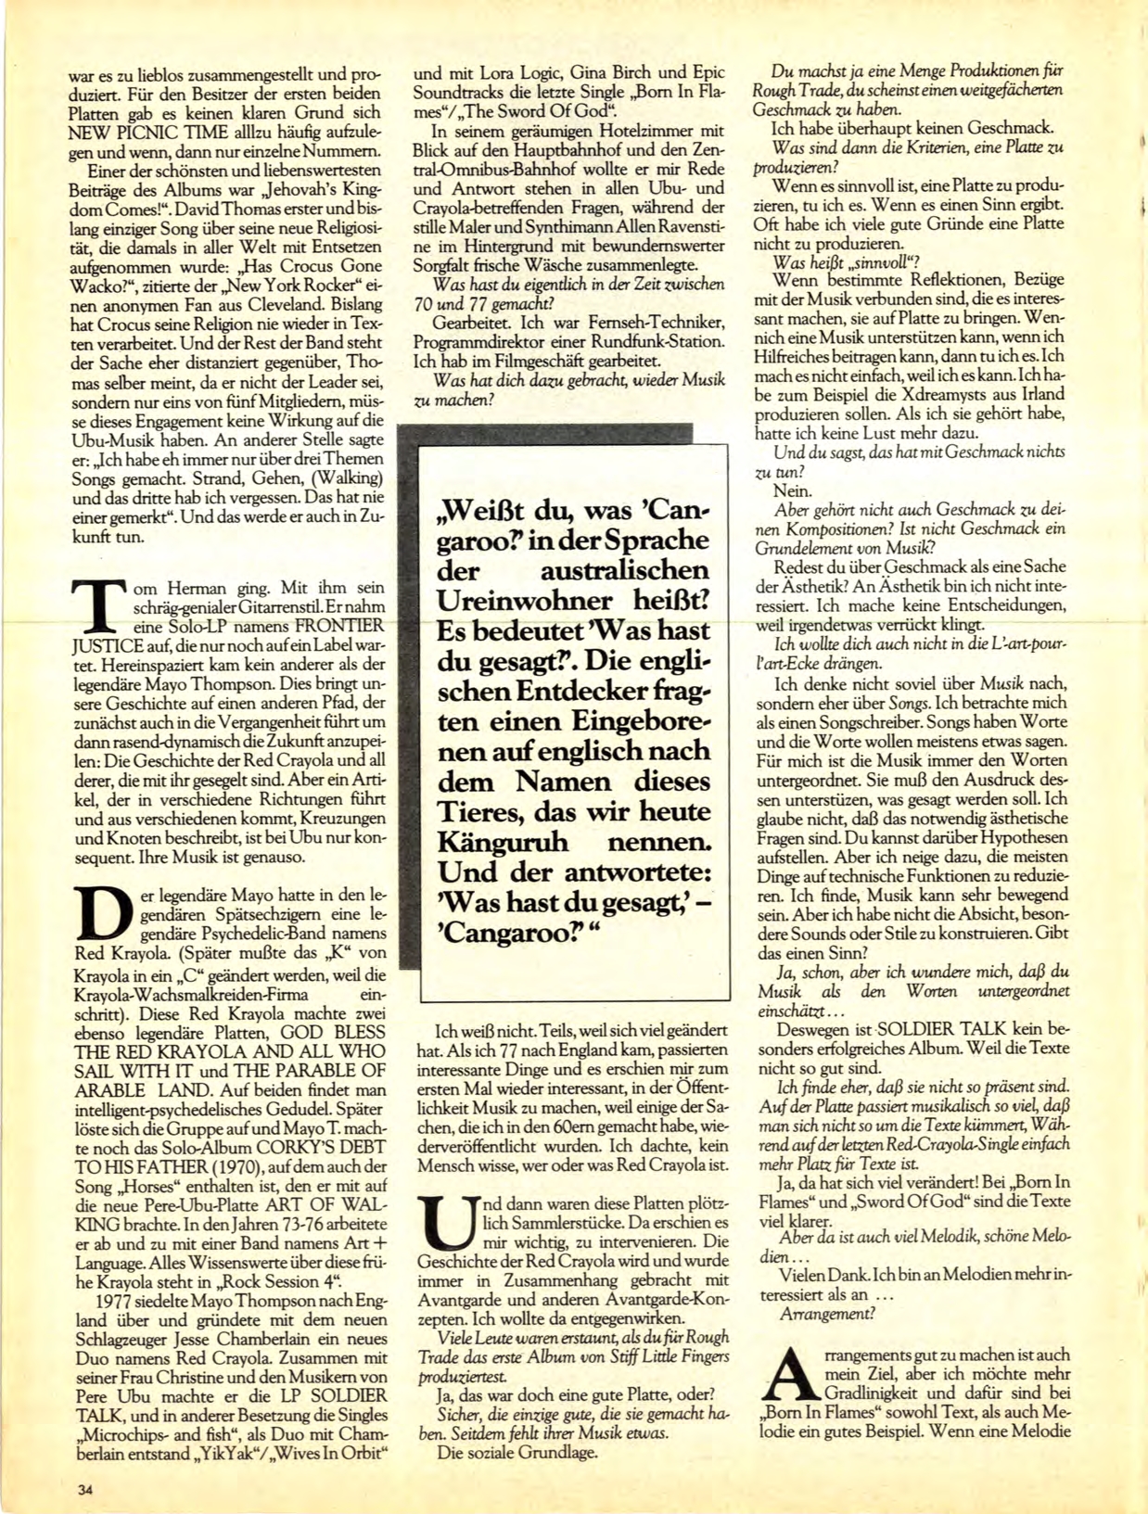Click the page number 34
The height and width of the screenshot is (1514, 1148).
click(x=86, y=1490)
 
